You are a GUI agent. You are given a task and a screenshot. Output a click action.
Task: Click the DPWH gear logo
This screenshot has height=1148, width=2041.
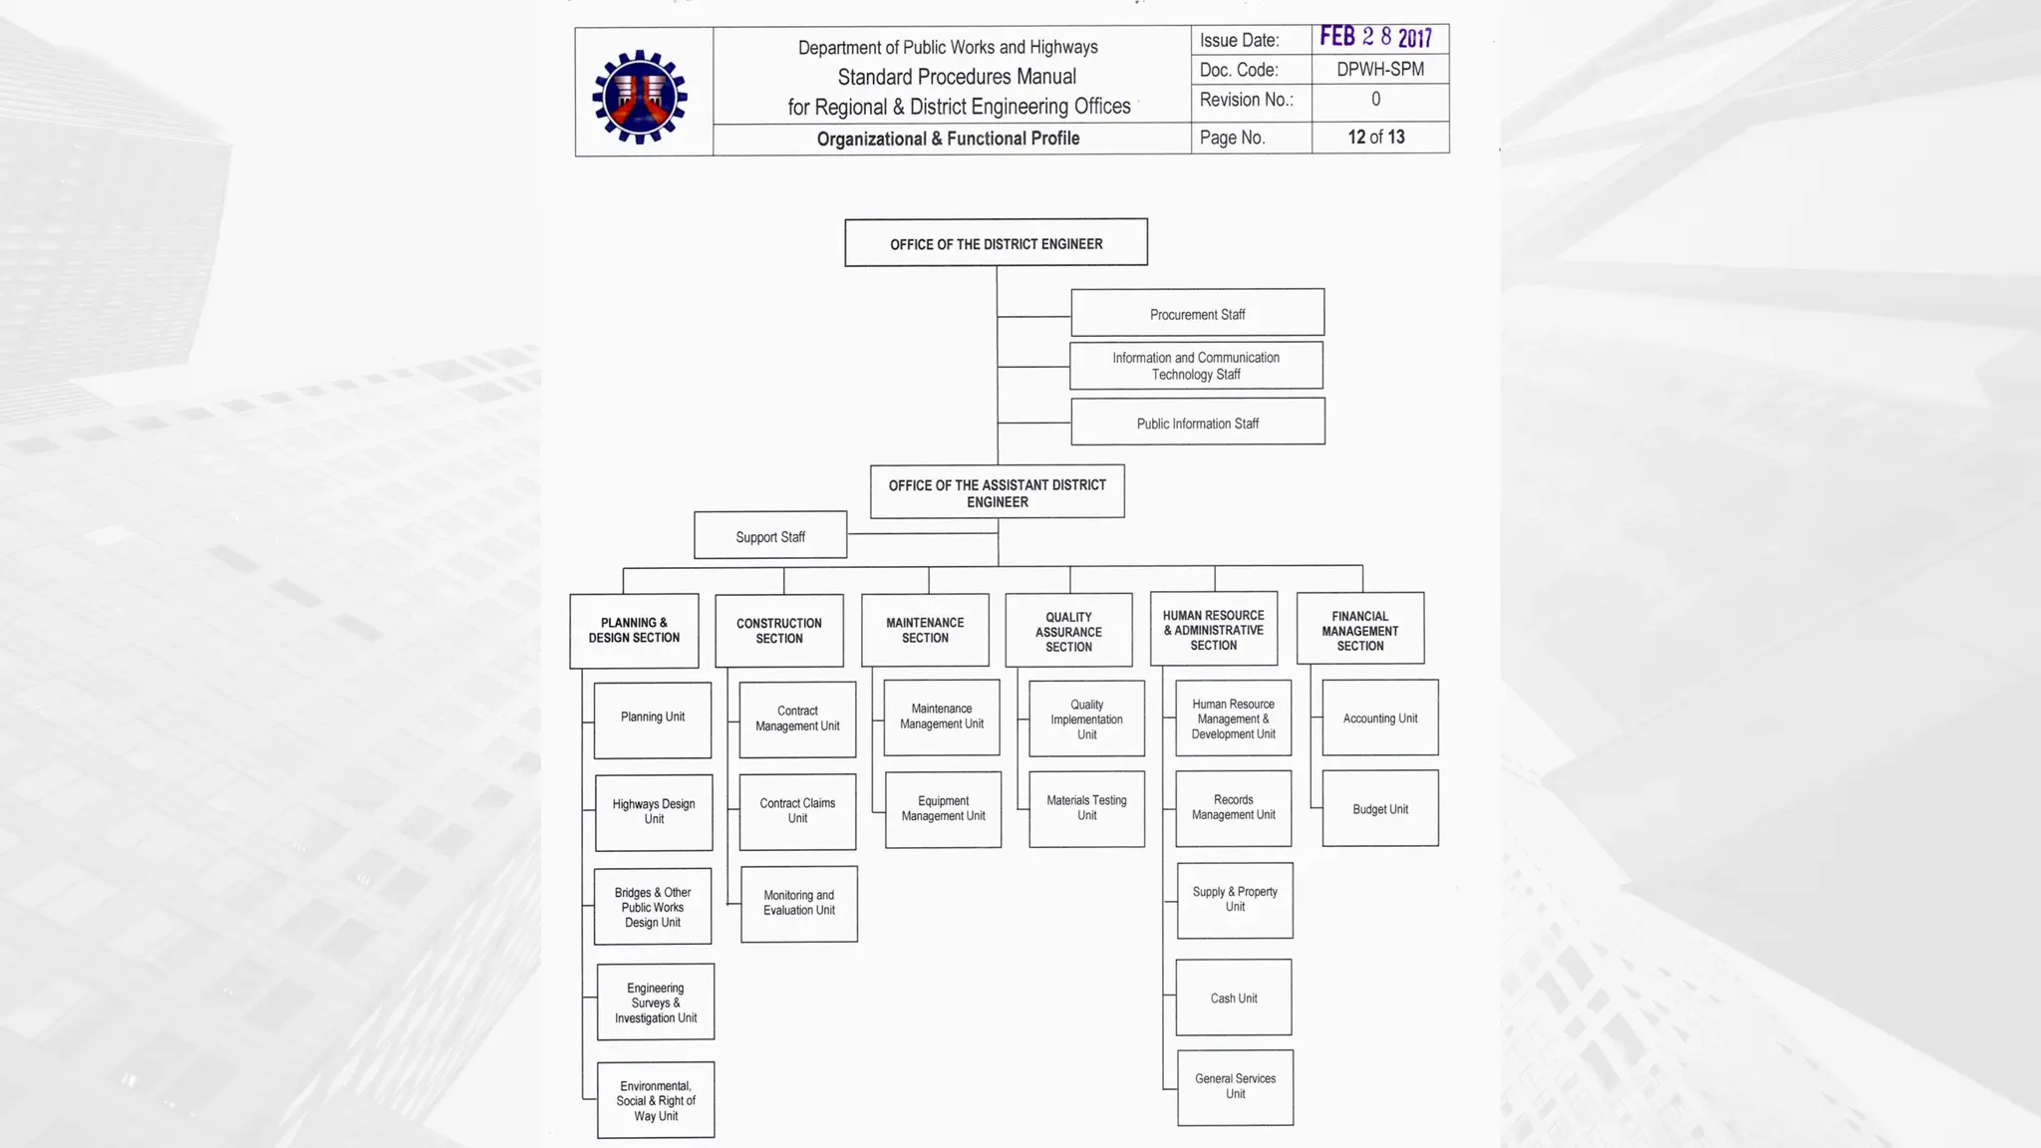coord(640,96)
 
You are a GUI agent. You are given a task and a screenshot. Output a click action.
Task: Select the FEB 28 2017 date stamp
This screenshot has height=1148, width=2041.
coord(1375,38)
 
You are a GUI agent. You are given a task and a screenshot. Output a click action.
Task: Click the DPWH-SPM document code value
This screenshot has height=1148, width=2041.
coord(1379,69)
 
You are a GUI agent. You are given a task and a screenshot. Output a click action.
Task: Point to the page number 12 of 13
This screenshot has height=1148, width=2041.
coord(1375,138)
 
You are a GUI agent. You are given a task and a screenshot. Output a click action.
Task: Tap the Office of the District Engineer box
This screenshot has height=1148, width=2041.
coord(996,243)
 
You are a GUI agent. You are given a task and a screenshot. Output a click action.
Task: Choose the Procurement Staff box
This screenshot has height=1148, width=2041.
coord(1197,314)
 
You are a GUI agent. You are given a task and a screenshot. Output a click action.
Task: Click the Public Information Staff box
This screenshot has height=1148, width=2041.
coord(1197,423)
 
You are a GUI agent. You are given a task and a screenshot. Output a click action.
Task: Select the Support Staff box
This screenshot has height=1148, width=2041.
coord(770,536)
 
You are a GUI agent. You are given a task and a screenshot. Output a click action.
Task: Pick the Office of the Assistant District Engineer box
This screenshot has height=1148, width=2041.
coord(997,492)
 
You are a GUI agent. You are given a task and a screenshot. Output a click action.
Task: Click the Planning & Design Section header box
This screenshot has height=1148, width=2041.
coord(634,631)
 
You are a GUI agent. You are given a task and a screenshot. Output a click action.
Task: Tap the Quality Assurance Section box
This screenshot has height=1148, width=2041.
coord(1068,632)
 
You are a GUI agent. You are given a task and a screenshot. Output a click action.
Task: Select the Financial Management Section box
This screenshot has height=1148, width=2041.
coord(1359,630)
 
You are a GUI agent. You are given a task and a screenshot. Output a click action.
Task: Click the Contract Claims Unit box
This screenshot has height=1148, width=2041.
coord(797,811)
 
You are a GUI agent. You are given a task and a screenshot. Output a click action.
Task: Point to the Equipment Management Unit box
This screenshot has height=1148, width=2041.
coord(943,809)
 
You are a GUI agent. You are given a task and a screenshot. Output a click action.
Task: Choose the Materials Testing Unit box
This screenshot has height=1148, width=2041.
coord(1086,808)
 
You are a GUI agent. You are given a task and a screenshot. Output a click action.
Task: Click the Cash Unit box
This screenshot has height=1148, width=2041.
coord(1233,998)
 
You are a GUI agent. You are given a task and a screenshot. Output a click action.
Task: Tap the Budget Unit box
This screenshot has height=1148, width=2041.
coord(1379,808)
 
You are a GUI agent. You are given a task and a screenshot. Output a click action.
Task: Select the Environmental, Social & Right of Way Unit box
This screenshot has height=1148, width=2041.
coord(655,1100)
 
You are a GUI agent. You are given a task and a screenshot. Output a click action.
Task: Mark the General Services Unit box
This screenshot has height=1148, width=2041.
coord(1235,1087)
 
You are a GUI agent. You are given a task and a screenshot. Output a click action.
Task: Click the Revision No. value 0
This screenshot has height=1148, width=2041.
coord(1375,100)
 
